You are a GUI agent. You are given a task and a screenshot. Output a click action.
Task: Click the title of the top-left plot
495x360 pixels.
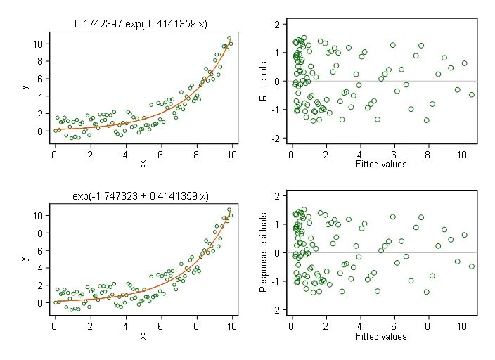coord(141,23)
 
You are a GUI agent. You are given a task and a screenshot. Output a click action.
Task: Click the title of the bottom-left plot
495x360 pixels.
coord(141,195)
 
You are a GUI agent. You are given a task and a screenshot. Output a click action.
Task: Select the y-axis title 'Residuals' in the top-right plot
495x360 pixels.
coord(264,82)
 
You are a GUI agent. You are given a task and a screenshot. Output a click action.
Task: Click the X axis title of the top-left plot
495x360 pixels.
coord(143,165)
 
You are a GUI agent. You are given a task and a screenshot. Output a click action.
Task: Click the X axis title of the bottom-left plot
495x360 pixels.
coord(143,337)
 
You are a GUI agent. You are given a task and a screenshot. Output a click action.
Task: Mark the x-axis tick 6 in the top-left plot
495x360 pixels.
coord(161,155)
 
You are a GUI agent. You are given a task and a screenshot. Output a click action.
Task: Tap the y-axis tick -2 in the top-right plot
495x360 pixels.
coord(277,138)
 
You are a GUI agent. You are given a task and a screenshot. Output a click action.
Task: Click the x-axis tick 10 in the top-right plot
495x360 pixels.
coord(462,155)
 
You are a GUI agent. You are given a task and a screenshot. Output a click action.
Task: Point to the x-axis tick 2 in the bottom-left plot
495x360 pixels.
coord(90,326)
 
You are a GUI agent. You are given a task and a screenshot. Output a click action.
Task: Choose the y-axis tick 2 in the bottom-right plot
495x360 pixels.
coord(278,195)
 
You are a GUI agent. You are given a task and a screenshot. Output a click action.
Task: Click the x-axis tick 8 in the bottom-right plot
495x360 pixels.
coord(428,326)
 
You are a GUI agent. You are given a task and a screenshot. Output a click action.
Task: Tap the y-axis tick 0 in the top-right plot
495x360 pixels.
coord(278,81)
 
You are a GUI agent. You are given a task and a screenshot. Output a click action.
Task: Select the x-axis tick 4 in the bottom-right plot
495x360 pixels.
coord(360,326)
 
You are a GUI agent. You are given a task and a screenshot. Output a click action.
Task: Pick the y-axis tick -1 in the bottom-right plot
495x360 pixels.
coord(277,281)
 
